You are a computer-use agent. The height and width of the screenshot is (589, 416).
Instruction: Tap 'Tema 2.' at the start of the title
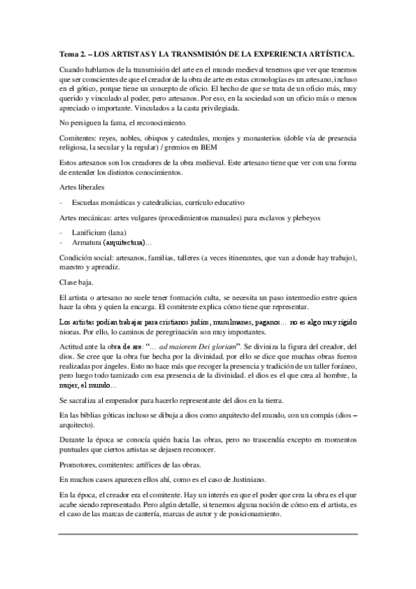[x=70, y=53]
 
